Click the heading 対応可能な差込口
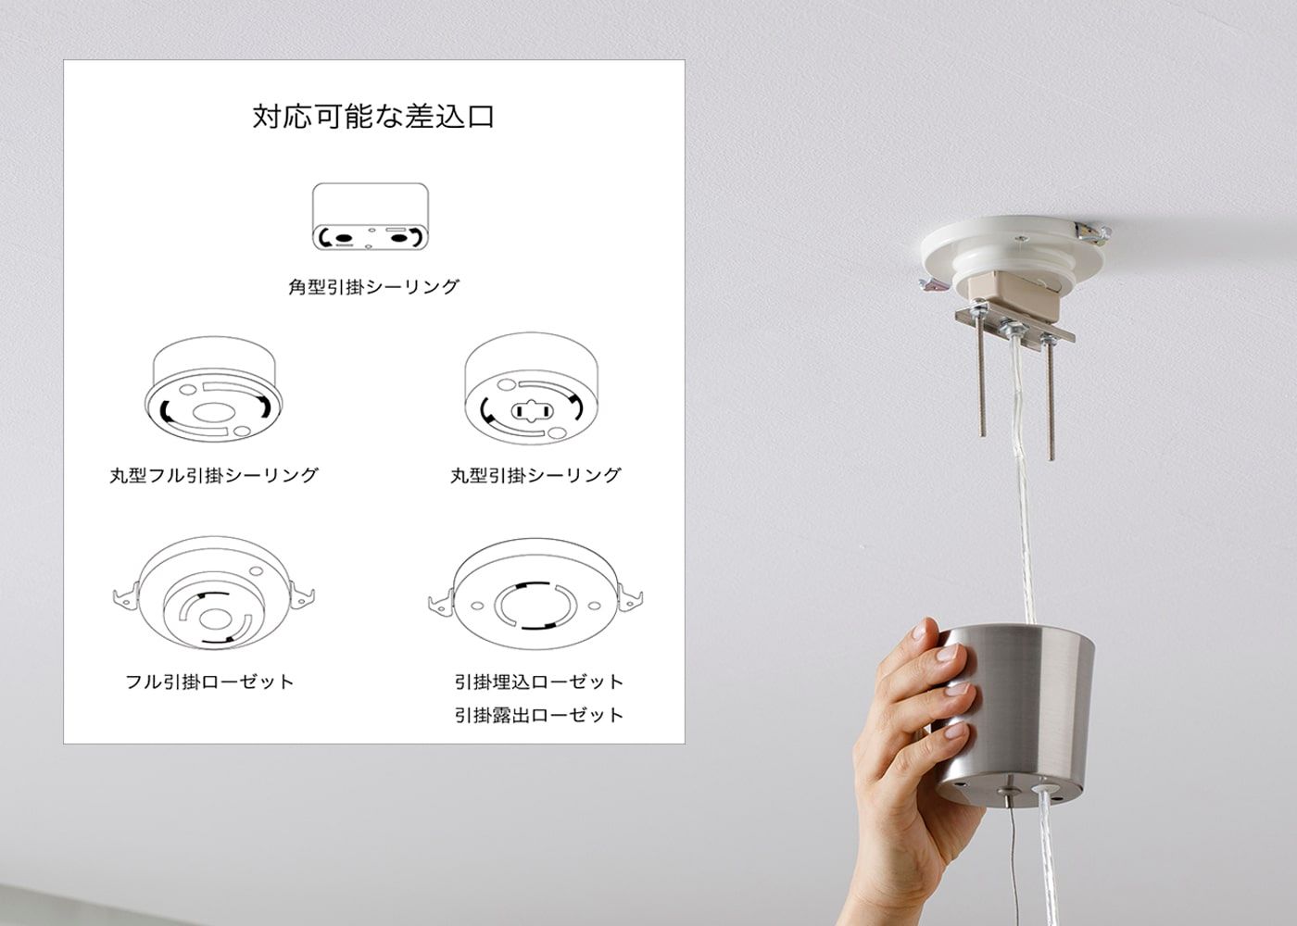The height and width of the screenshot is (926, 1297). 373,117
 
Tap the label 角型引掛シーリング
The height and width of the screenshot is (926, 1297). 373,286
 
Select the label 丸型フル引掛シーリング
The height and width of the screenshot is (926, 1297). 214,475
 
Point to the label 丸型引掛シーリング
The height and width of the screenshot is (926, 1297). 535,475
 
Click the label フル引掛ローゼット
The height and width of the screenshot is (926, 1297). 209,682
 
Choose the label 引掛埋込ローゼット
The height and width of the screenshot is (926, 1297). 538,682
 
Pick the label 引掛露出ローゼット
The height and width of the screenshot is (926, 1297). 538,715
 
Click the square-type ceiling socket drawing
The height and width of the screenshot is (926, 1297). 371,217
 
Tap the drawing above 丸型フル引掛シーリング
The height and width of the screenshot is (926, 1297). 214,390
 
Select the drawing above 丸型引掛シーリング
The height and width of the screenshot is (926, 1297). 532,388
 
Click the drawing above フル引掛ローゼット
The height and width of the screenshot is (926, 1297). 214,594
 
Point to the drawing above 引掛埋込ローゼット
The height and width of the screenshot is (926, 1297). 535,594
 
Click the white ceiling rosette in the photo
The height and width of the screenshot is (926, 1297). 1014,249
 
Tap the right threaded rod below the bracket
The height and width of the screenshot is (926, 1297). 1050,399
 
